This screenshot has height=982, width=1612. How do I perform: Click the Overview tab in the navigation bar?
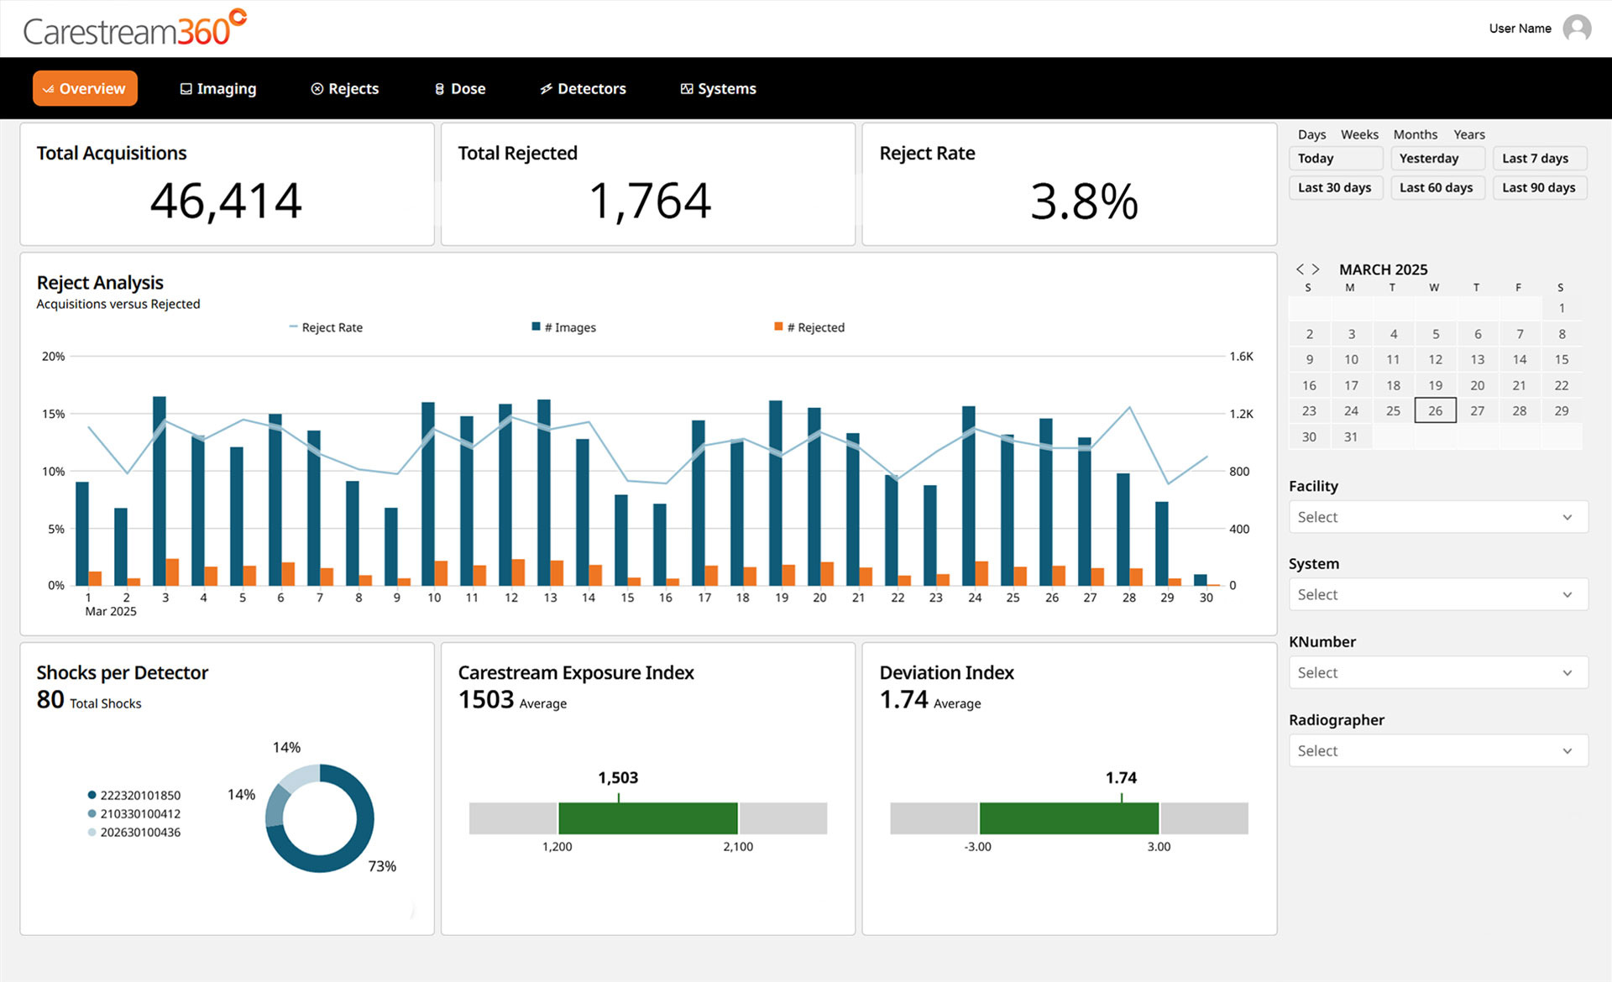point(85,88)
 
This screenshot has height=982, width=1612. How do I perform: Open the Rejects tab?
point(345,88)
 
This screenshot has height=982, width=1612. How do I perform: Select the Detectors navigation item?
point(583,88)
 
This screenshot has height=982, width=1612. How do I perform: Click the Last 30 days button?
point(1335,187)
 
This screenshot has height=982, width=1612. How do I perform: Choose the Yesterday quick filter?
point(1437,158)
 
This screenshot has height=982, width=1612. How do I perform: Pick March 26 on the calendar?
point(1436,410)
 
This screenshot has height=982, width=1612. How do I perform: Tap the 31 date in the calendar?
point(1351,436)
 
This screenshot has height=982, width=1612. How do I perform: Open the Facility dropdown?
point(1438,517)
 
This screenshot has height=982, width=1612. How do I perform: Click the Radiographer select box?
point(1438,750)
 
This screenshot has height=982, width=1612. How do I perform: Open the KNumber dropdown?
point(1438,672)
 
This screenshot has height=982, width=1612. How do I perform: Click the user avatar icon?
point(1578,29)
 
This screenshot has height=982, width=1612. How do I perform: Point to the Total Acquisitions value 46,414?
point(226,201)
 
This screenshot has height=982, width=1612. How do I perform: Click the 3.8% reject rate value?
point(1084,201)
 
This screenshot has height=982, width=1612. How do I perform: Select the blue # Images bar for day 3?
point(159,491)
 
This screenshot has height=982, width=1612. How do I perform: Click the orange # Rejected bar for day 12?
point(518,572)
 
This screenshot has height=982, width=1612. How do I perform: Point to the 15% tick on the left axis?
point(54,414)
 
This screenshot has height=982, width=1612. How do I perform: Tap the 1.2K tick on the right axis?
point(1241,414)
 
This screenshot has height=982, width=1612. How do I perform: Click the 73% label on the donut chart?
point(382,866)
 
